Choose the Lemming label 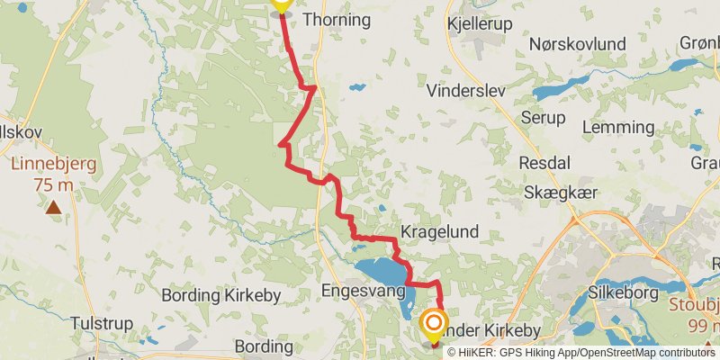(x=618, y=127)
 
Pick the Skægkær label (x=562, y=192)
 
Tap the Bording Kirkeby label (x=221, y=294)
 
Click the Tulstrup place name (x=102, y=323)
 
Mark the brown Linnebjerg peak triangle (x=54, y=208)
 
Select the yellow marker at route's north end (x=281, y=4)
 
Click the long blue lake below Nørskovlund (x=576, y=87)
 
